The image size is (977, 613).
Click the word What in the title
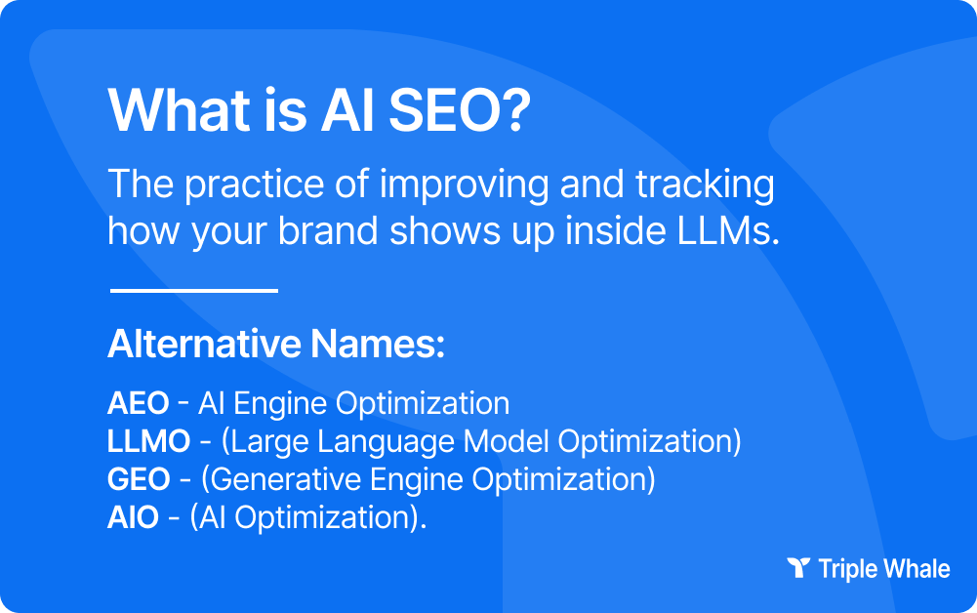coord(174,112)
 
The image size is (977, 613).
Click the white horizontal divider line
coord(194,290)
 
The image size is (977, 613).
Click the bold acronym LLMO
coord(148,441)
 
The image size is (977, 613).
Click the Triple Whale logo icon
coord(798,568)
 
